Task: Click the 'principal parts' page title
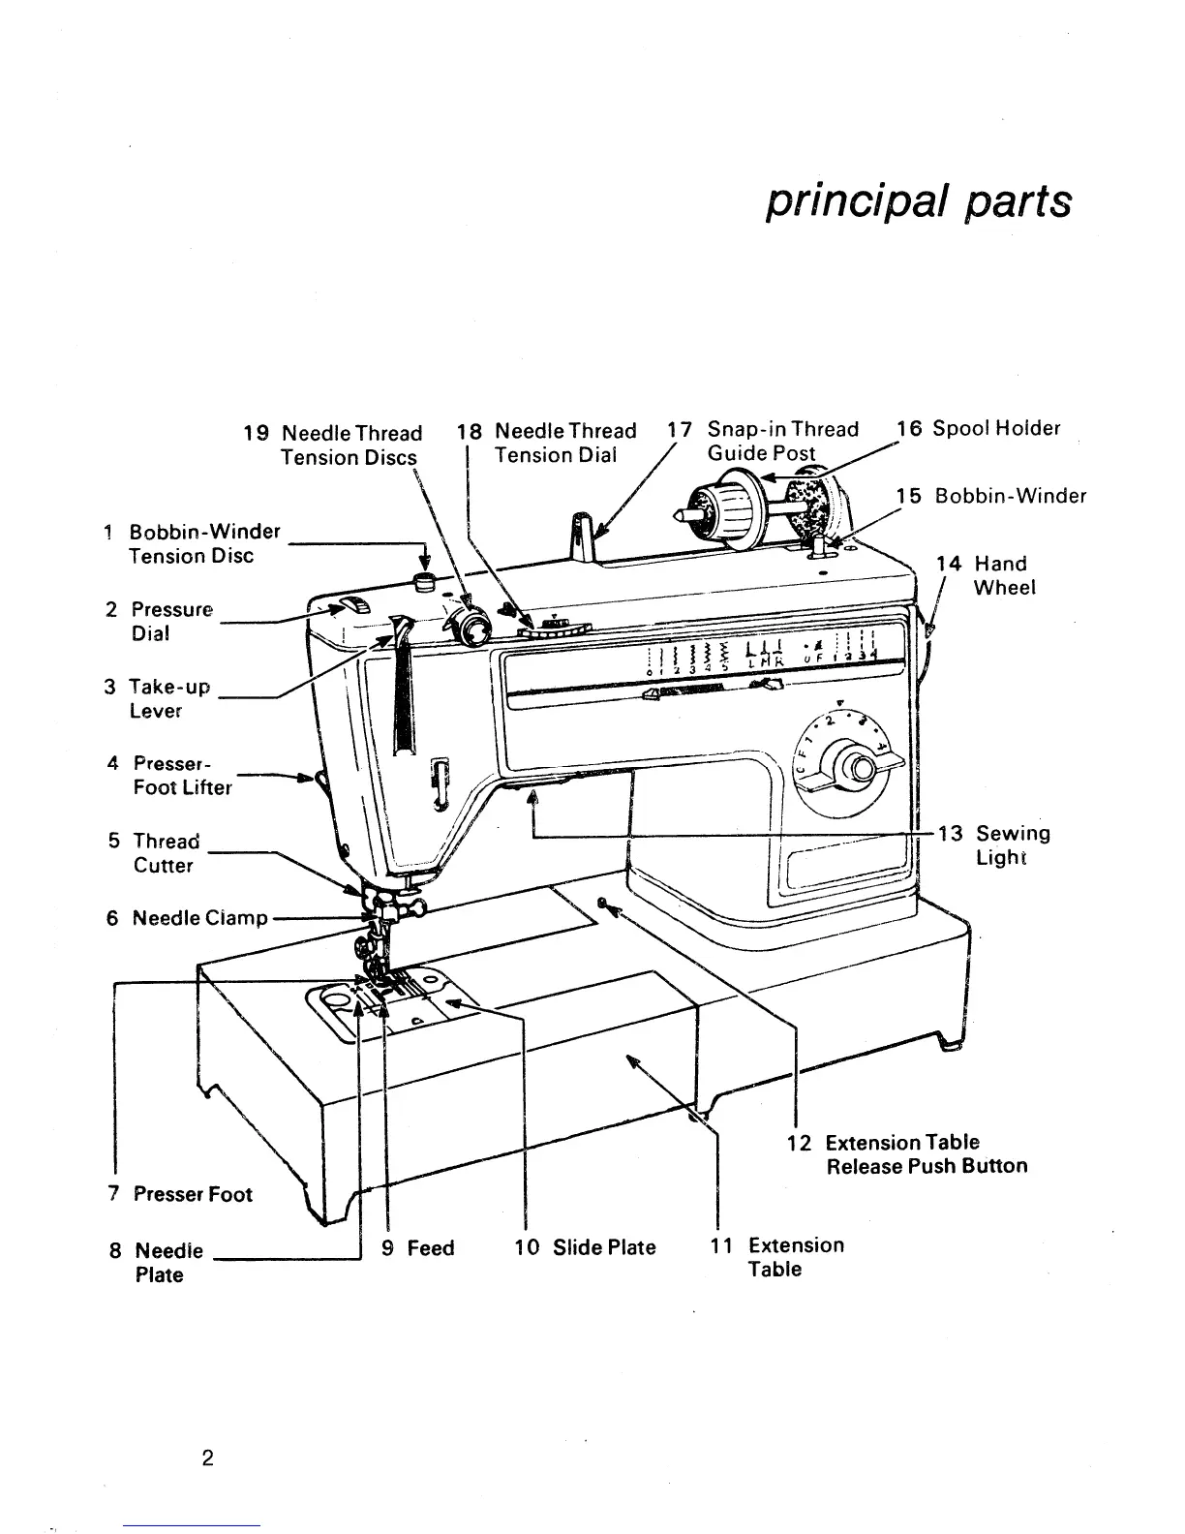click(918, 201)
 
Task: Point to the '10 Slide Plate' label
click(585, 1247)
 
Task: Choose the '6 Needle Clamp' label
click(187, 917)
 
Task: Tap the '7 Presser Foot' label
click(179, 1194)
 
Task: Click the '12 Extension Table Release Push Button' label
click(907, 1154)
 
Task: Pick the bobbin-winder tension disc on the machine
click(423, 581)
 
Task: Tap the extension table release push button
click(603, 904)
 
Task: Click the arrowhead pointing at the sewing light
click(532, 796)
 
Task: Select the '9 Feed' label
click(418, 1247)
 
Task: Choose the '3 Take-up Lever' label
click(143, 698)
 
